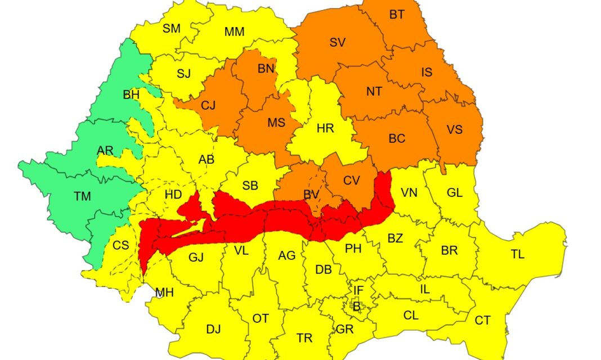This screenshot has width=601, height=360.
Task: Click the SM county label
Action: [x=172, y=29]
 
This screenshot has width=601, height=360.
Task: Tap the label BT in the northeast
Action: [x=397, y=15]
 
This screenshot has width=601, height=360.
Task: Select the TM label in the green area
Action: [x=82, y=196]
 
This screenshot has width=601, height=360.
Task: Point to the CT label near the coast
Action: [x=482, y=321]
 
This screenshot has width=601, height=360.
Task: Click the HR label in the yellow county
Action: [x=325, y=128]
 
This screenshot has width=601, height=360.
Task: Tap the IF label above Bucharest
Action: [x=358, y=290]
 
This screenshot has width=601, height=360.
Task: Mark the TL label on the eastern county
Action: [x=518, y=254]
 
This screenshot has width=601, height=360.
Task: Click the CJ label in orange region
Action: [x=208, y=105]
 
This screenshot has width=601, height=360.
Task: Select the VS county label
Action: [x=454, y=130]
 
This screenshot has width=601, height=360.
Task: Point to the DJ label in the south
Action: [x=213, y=329]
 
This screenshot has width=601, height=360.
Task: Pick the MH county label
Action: [x=164, y=292]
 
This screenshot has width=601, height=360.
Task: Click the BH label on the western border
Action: [x=131, y=95]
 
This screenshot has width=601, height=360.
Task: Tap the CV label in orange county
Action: [x=351, y=181]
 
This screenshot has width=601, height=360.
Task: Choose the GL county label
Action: [x=454, y=193]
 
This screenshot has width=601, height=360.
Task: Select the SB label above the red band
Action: [x=250, y=186]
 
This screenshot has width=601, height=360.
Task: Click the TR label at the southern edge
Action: [x=304, y=337]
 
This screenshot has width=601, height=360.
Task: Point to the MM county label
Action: [x=234, y=32]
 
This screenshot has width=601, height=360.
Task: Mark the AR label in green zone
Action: [x=105, y=150]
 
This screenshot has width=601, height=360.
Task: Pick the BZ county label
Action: [x=395, y=238]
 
